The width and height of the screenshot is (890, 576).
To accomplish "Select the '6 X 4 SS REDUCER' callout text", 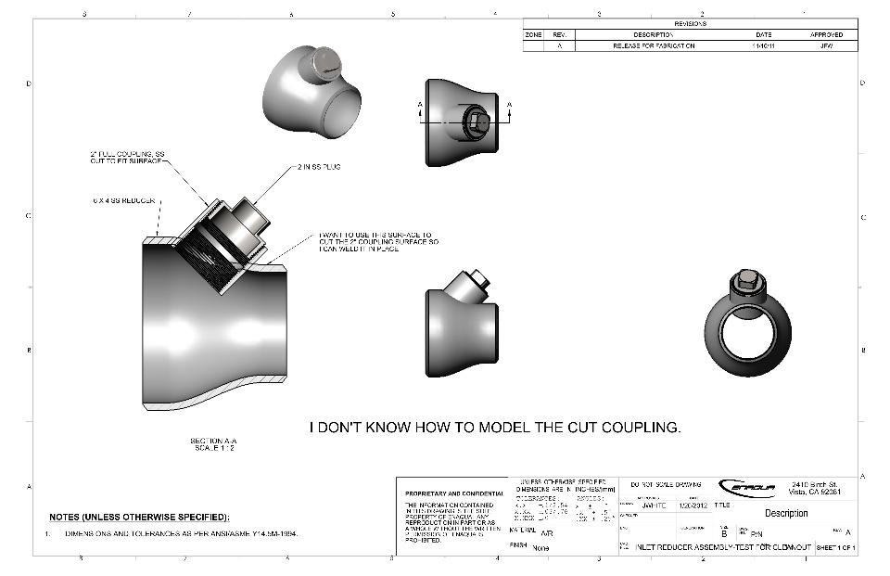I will [123, 200].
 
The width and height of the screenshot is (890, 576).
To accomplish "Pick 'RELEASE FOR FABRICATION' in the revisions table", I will [654, 45].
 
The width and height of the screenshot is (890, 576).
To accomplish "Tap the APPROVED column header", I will [826, 34].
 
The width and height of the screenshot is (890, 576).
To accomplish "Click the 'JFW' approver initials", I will [826, 45].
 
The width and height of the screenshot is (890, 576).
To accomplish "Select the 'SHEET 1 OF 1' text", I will [834, 549].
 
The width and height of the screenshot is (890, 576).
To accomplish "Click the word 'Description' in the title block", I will [785, 513].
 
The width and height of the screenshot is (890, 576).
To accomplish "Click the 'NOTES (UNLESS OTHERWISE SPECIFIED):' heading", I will [138, 517].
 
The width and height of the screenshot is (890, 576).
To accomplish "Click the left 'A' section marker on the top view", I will [420, 104].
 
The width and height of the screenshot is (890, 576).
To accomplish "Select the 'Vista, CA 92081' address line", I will [816, 493].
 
